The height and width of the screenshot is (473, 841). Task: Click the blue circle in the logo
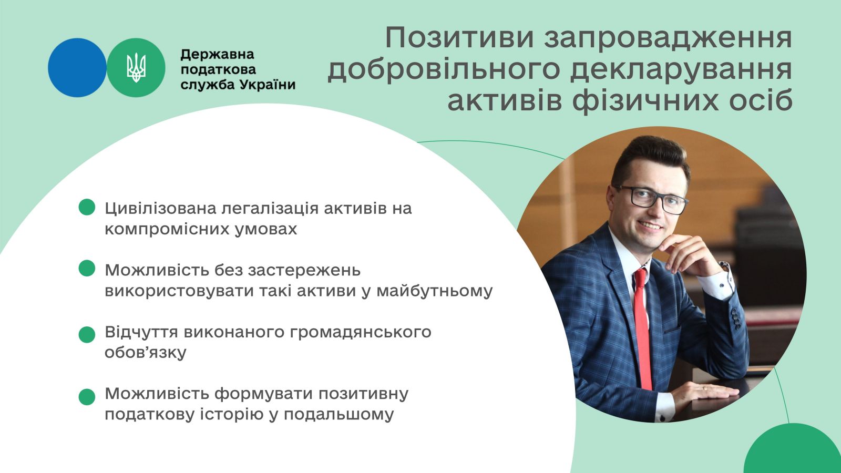77,68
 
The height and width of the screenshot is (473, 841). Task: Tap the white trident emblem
136,68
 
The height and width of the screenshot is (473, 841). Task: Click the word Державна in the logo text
218,55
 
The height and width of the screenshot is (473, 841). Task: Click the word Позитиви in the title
459,38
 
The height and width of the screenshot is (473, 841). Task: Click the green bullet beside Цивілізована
87,207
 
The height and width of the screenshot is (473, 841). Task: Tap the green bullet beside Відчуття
87,334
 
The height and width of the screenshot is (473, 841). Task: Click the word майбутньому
434,291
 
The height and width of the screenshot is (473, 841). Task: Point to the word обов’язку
145,353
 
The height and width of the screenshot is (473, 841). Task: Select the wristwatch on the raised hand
725,266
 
